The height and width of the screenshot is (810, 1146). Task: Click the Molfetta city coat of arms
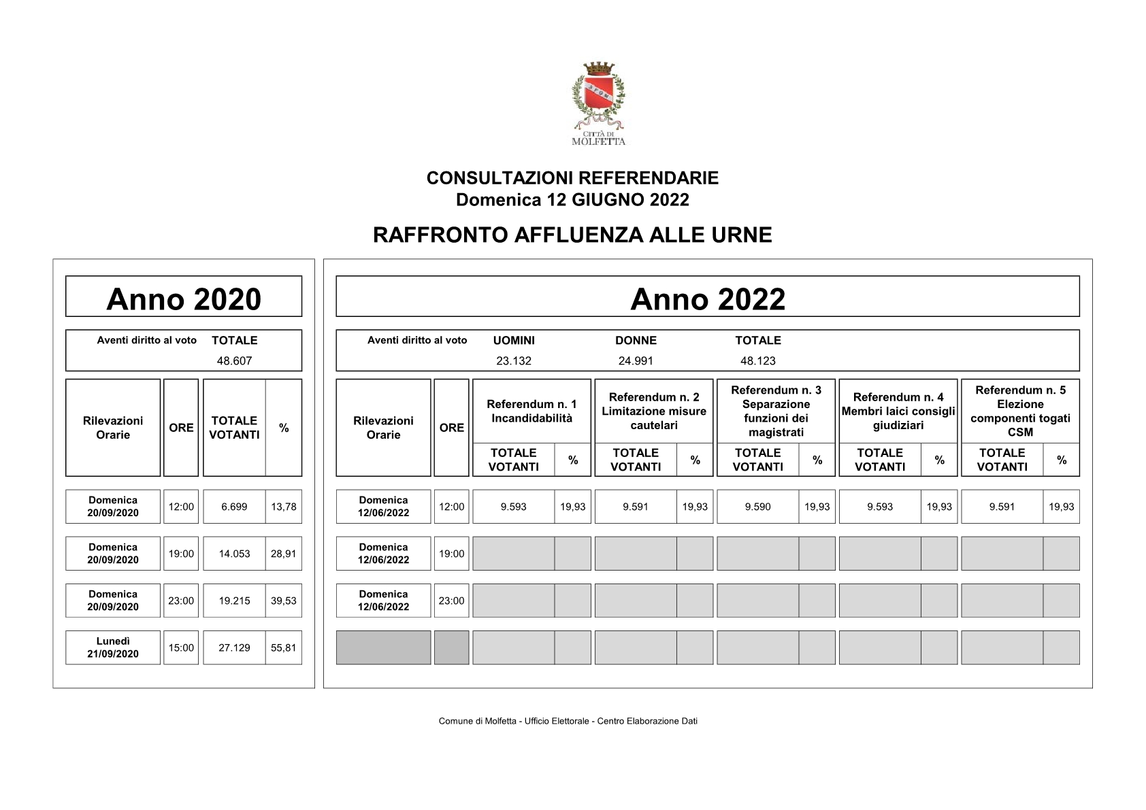[597, 96]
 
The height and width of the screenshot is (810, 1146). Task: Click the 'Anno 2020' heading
[184, 299]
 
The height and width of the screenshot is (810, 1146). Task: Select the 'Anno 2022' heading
[708, 299]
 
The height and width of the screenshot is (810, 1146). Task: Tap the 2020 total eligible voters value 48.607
[234, 361]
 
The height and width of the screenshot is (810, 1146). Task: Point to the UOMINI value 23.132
[514, 361]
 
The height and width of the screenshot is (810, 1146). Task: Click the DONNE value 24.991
[636, 361]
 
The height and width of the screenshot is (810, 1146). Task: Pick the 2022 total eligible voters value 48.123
[758, 361]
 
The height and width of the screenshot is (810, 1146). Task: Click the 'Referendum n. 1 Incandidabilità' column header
[531, 411]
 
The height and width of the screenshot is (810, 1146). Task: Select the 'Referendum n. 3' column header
[776, 411]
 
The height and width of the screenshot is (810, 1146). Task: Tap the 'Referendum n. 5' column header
[1020, 411]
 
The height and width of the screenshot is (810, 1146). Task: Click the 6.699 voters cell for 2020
[234, 507]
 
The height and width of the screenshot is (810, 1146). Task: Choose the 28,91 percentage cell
[284, 554]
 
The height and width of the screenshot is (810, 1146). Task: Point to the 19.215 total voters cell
[234, 601]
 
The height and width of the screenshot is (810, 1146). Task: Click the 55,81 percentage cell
[284, 647]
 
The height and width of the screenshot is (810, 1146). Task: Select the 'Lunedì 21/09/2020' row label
[113, 647]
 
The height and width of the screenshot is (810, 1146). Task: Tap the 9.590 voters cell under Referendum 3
[757, 507]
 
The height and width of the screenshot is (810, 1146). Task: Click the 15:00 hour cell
[181, 647]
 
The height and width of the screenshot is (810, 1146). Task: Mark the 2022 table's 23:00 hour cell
[452, 601]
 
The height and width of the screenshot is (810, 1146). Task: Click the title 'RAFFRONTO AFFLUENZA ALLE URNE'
[572, 235]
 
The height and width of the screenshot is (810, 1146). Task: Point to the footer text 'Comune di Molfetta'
[568, 721]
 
